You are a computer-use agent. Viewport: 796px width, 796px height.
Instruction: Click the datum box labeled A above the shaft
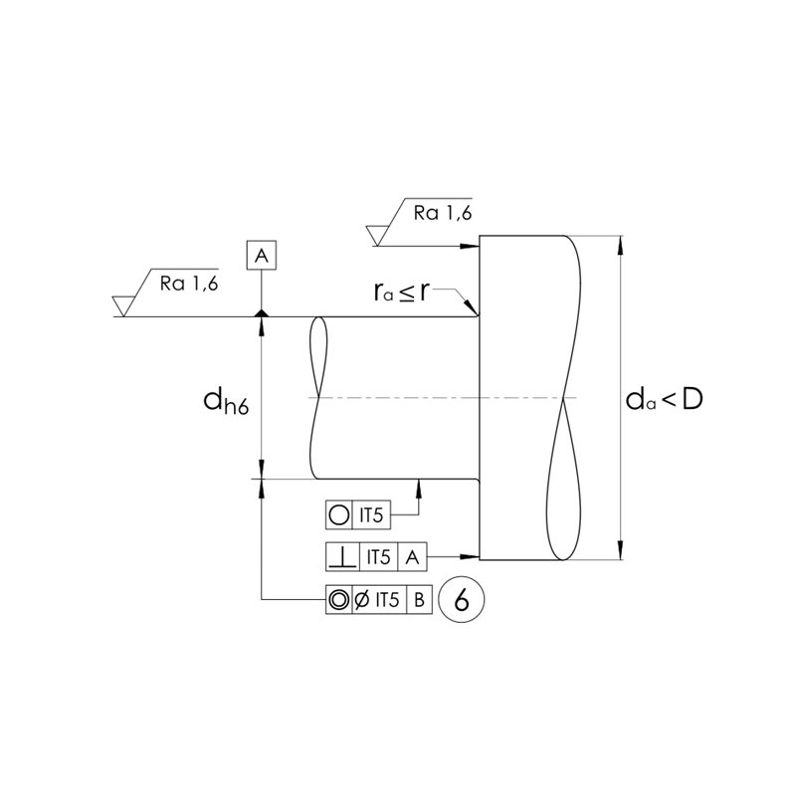click(261, 256)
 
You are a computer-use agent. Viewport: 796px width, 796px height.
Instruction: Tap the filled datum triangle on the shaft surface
click(261, 313)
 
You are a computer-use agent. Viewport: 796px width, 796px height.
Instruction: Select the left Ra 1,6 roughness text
click(189, 283)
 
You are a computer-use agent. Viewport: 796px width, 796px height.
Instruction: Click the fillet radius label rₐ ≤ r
click(402, 292)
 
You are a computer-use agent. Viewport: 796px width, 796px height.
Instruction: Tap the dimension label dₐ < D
click(664, 399)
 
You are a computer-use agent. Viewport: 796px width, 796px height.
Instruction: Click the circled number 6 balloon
click(461, 599)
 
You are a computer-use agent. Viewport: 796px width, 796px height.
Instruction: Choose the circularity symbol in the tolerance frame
click(338, 515)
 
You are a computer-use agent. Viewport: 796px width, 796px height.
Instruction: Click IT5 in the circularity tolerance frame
click(371, 515)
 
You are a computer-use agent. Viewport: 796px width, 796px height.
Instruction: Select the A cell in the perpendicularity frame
click(413, 556)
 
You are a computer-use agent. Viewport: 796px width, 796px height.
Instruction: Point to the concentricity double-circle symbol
click(338, 599)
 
